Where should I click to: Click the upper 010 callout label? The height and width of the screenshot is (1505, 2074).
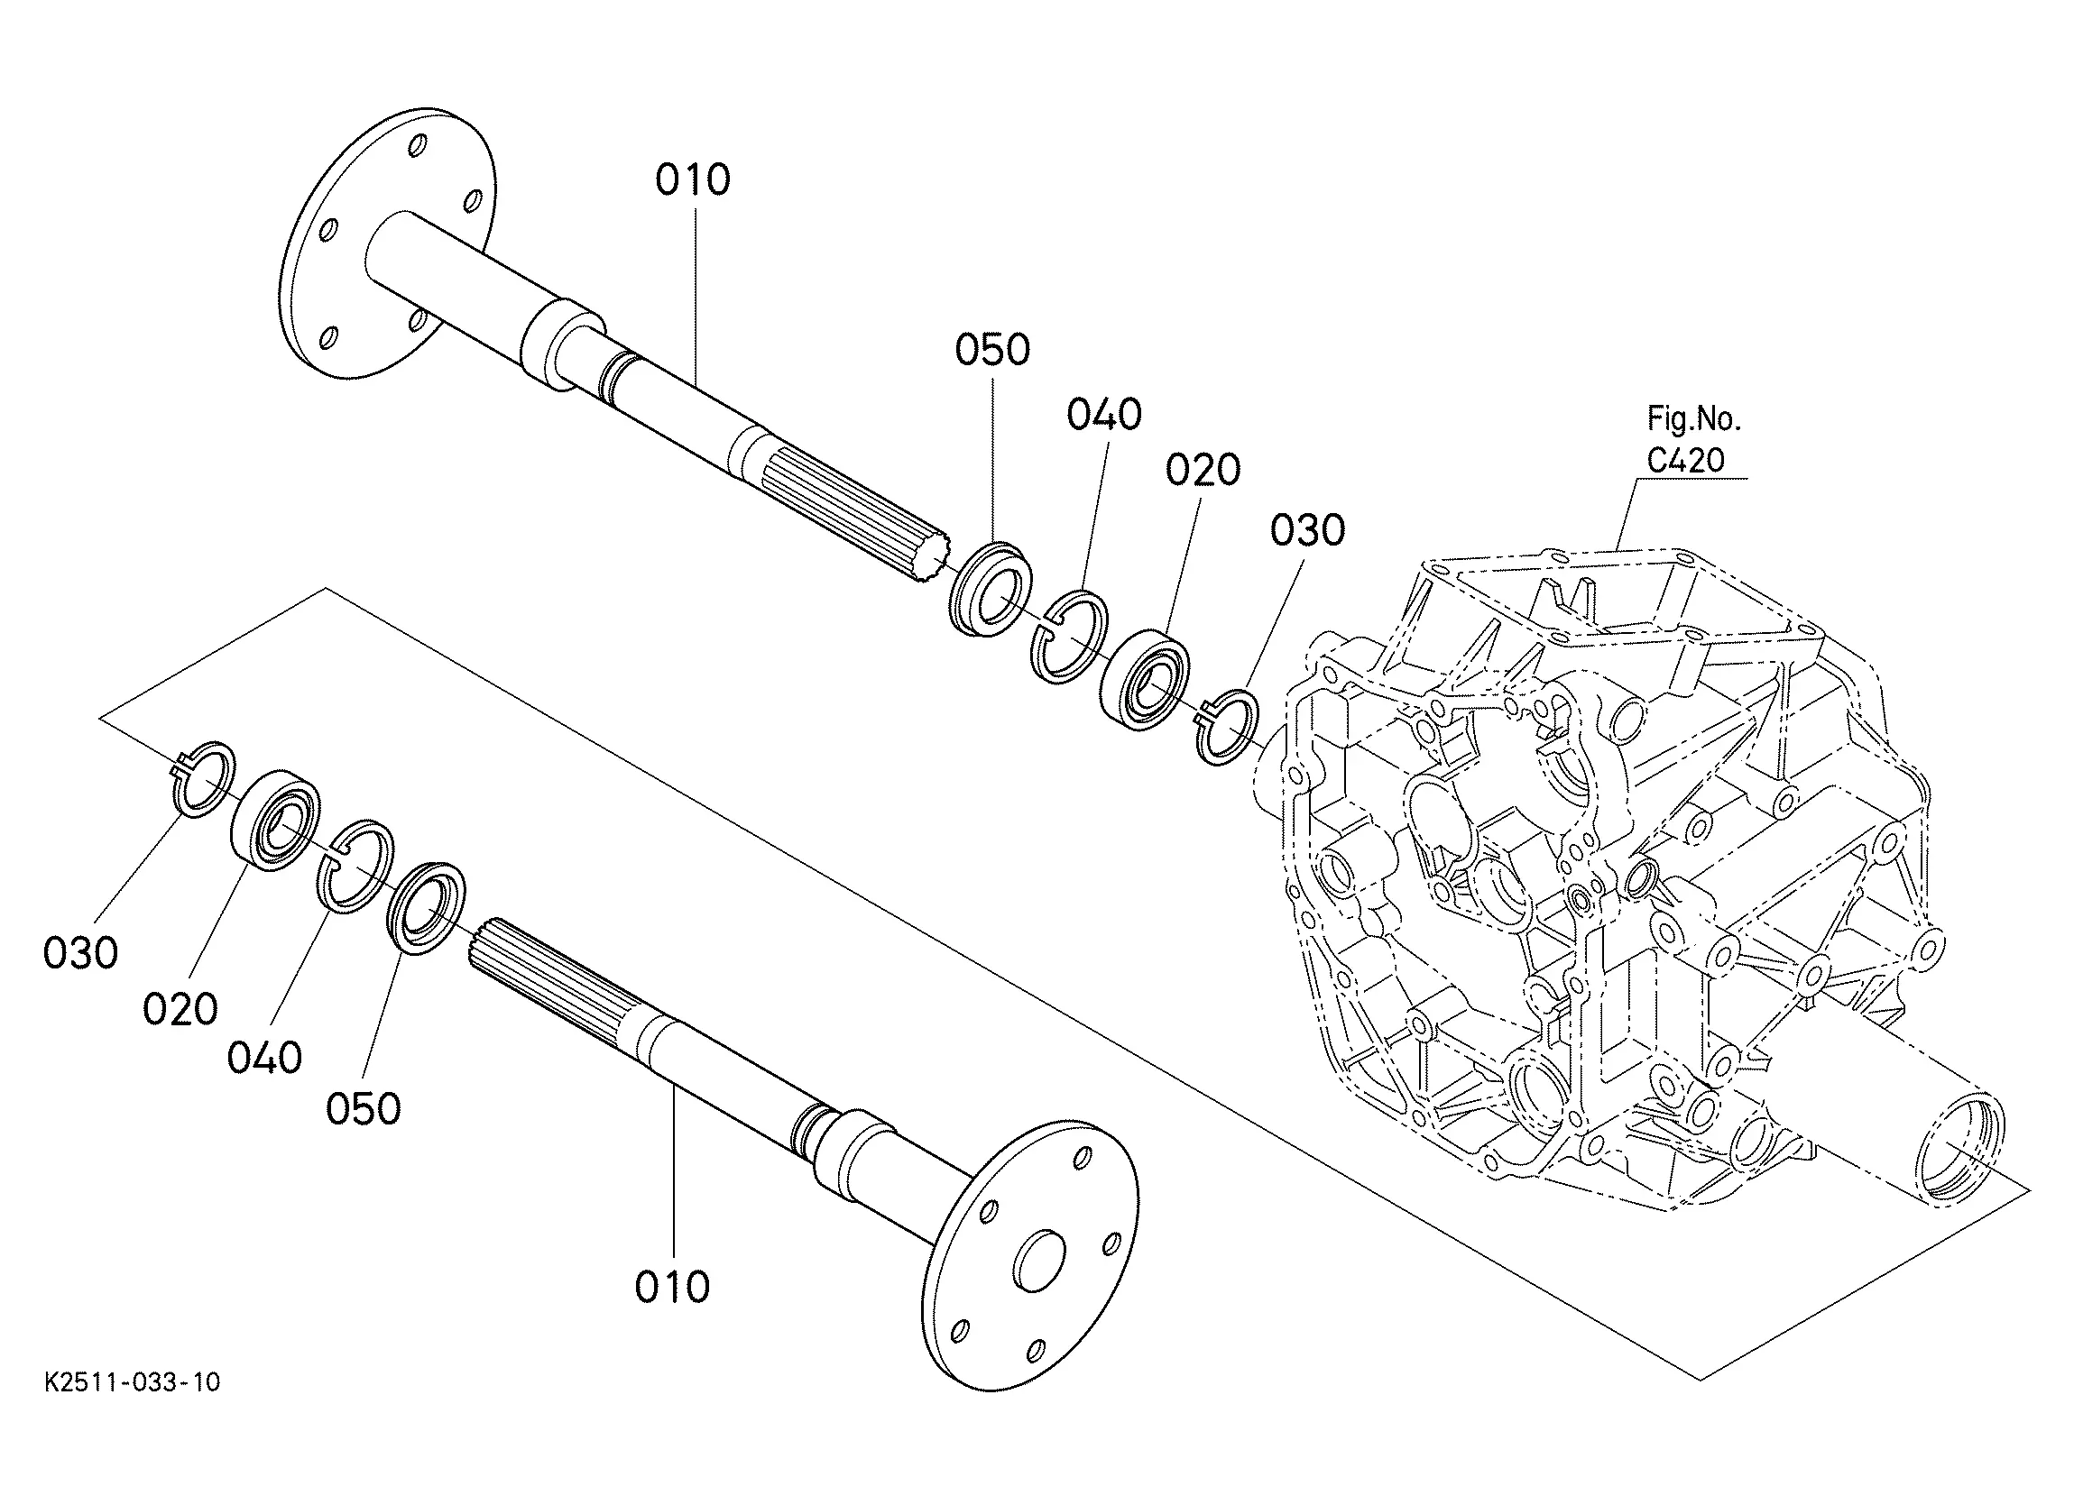tap(692, 180)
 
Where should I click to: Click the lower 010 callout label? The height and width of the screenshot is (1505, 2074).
tap(672, 1288)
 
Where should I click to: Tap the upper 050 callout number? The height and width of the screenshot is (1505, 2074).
tap(992, 350)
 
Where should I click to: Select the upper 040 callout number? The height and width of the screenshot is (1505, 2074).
tap(1103, 415)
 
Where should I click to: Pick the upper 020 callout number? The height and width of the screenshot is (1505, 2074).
tap(1203, 470)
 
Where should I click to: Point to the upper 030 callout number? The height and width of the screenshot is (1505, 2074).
tap(1308, 530)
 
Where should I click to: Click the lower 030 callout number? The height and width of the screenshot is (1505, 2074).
tap(80, 954)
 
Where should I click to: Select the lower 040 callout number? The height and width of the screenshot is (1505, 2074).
tap(264, 1058)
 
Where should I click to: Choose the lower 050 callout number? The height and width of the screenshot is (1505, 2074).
tap(363, 1109)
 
